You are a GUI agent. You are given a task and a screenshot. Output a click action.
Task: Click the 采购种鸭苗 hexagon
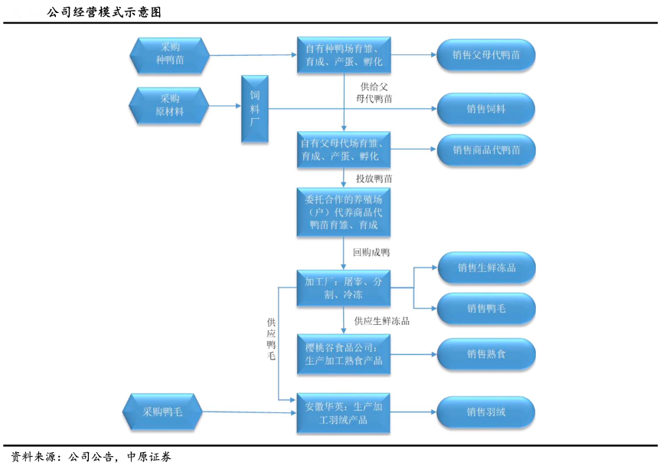pyautogui.click(x=170, y=54)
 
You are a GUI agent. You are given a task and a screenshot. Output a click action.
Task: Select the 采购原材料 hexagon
pyautogui.click(x=169, y=106)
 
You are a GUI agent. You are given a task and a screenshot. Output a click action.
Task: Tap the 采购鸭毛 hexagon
pyautogui.click(x=162, y=412)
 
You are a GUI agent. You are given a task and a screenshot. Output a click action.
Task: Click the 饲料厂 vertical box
pyautogui.click(x=255, y=109)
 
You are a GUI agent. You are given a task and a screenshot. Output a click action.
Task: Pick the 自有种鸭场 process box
pyautogui.click(x=343, y=55)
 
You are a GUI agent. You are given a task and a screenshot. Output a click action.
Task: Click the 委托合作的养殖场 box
pyautogui.click(x=343, y=212)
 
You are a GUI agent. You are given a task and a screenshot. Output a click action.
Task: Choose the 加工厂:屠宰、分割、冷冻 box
pyautogui.click(x=343, y=288)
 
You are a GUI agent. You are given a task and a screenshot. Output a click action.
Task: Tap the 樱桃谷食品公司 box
pyautogui.click(x=343, y=353)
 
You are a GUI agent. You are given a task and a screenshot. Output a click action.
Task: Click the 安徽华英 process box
pyautogui.click(x=343, y=412)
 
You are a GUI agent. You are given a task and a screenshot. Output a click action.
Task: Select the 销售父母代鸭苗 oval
pyautogui.click(x=485, y=55)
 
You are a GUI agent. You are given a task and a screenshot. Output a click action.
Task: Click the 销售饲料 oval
pyautogui.click(x=485, y=109)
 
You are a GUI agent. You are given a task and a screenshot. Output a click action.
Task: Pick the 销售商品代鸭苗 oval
pyautogui.click(x=485, y=150)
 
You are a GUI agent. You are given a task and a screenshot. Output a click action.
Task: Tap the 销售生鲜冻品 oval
pyautogui.click(x=485, y=268)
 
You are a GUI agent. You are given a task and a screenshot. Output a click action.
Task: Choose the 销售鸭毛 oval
pyautogui.click(x=485, y=308)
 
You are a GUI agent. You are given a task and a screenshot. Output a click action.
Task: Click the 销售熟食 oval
pyautogui.click(x=485, y=353)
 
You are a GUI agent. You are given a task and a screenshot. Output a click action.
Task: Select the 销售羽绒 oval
pyautogui.click(x=485, y=412)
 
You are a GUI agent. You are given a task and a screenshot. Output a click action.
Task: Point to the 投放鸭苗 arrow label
pyautogui.click(x=374, y=179)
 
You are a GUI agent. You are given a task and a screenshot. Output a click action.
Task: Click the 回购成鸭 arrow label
pyautogui.click(x=371, y=251)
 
